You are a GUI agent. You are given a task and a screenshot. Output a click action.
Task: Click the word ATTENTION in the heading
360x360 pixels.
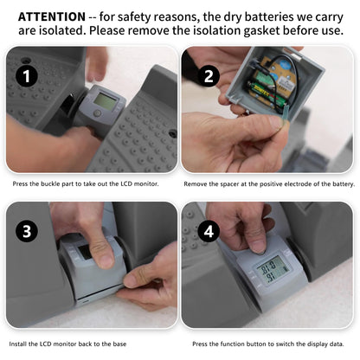coord(52,17)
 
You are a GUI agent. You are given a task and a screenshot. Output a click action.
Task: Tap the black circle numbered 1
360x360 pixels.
coord(27,76)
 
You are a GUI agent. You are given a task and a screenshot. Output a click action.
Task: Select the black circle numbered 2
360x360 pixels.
coord(209,76)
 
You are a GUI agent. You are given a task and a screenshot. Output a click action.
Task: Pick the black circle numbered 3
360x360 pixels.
coord(27,231)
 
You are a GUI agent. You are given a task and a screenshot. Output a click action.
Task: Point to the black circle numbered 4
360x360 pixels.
coord(209,231)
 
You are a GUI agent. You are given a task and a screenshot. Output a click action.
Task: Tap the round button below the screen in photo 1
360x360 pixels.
coord(97,113)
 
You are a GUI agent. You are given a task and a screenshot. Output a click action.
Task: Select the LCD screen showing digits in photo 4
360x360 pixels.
coord(273,270)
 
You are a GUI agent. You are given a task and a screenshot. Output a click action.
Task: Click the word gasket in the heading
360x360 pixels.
coord(262,30)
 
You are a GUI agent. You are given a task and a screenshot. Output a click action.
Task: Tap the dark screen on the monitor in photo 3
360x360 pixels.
coord(85,252)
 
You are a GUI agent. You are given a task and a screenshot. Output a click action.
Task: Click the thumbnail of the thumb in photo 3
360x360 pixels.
coord(103,262)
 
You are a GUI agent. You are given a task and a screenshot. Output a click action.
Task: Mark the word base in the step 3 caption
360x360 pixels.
coord(119,344)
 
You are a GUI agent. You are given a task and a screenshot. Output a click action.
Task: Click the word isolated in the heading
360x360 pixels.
coord(63,30)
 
